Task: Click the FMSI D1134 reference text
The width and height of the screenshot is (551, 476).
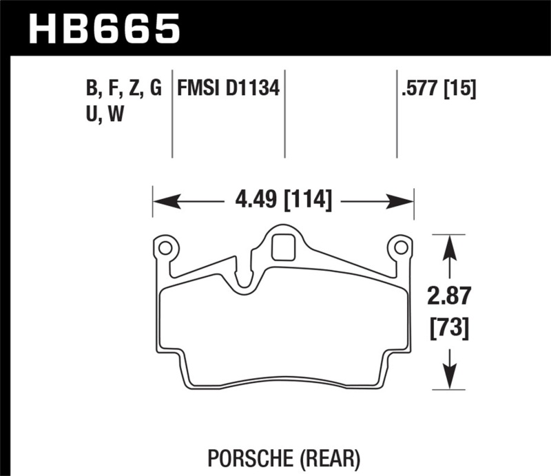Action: [228, 89]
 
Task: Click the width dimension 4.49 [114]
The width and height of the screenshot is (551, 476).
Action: [283, 201]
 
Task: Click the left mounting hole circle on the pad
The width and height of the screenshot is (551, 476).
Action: [164, 246]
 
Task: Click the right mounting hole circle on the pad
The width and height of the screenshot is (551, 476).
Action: [399, 246]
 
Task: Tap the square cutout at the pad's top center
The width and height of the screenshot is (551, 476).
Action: [282, 248]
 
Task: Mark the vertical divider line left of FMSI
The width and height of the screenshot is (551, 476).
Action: [172, 114]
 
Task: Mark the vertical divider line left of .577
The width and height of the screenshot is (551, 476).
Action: [397, 114]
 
